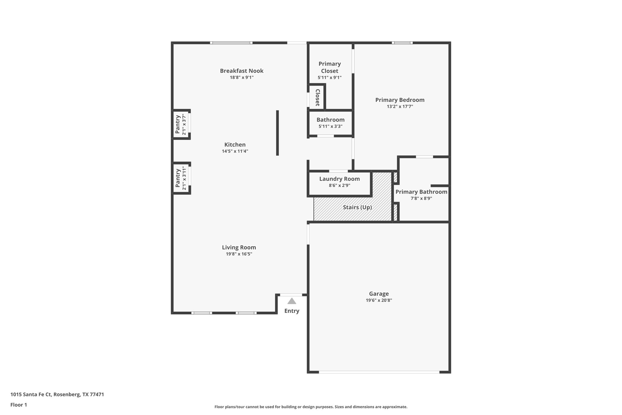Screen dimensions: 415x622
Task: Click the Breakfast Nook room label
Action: (241, 71)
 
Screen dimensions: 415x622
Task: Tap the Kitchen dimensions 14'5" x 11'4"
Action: (235, 151)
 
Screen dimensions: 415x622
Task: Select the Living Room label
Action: (239, 247)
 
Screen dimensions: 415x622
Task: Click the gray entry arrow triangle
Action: (292, 301)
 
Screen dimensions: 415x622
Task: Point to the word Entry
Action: (292, 311)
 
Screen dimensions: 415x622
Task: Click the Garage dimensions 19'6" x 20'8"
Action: (379, 300)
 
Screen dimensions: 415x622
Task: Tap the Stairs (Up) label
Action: (357, 207)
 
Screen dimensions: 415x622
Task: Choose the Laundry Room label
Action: (339, 179)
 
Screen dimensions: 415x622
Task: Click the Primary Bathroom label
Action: (421, 192)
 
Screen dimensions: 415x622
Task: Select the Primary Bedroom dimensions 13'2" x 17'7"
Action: (400, 106)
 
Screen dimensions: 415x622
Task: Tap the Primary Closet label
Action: (330, 67)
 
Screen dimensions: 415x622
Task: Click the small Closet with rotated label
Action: (317, 97)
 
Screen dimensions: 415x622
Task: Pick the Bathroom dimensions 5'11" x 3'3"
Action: (330, 126)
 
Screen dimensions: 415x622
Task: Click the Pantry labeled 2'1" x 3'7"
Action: (180, 124)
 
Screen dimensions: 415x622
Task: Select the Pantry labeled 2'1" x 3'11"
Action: (180, 178)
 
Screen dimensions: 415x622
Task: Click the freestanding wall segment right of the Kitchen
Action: (277, 133)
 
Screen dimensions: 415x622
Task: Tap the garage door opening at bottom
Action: (379, 372)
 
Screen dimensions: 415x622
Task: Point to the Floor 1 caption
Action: (19, 405)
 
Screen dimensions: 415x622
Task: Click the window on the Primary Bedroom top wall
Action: (402, 43)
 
